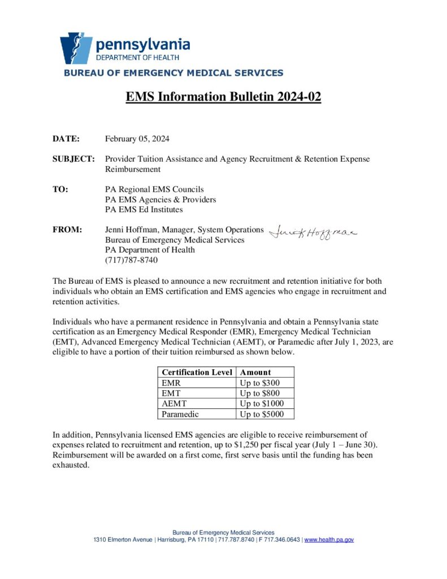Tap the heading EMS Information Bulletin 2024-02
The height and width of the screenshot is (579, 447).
[223, 97]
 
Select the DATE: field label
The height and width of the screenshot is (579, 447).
[66, 139]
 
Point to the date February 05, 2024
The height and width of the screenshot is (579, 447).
[137, 139]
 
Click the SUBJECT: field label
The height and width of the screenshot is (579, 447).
[73, 159]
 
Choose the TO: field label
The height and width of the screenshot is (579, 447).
[60, 189]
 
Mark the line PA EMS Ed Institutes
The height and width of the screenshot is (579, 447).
[144, 210]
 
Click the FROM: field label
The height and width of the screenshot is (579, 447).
[67, 230]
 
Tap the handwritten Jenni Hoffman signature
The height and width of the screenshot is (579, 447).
[313, 232]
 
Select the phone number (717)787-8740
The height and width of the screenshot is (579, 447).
[131, 261]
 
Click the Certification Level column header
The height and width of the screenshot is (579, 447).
[197, 372]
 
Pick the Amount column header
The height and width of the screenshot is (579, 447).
[255, 372]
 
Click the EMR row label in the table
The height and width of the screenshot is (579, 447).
[171, 383]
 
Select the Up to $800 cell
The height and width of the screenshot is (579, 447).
[259, 393]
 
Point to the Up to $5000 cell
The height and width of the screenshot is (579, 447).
[262, 414]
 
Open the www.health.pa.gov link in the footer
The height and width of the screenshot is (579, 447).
[329, 540]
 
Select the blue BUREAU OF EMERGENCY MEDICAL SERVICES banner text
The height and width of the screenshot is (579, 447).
[173, 73]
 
